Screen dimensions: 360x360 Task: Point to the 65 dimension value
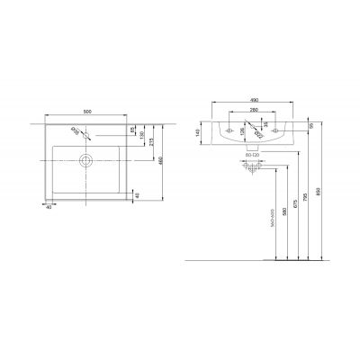click(x=133, y=131)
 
